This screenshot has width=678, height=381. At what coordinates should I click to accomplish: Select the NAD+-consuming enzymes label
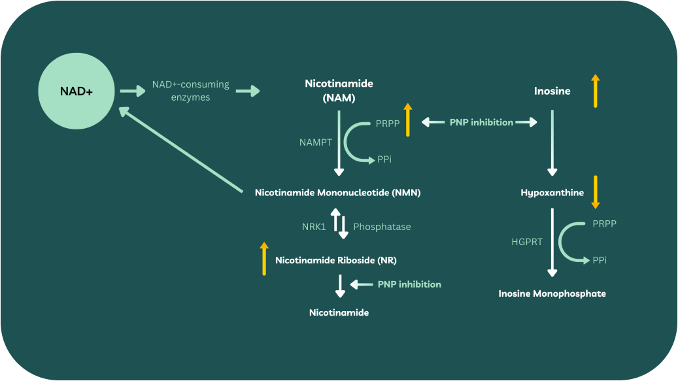[190, 91]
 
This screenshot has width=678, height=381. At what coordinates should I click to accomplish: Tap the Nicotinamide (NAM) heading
[339, 91]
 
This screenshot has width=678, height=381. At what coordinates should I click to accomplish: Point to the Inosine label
[552, 91]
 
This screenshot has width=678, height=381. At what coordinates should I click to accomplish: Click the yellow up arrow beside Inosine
[595, 91]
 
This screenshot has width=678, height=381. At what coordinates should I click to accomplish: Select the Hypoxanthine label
[552, 193]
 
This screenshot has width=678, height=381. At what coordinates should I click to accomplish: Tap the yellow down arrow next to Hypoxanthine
[595, 191]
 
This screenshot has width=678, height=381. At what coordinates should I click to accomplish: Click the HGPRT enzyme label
[527, 242]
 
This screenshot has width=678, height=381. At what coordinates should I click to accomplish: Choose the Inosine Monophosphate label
[552, 293]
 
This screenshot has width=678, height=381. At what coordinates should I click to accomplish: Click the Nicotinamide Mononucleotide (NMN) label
[337, 193]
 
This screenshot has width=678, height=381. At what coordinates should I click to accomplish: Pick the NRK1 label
[313, 227]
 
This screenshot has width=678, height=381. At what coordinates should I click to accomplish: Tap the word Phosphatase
[382, 227]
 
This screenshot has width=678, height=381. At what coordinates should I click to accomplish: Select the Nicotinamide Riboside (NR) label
[336, 260]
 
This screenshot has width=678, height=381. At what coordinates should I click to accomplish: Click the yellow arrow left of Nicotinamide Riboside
[264, 258]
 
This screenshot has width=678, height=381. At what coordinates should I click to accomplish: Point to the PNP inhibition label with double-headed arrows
[481, 122]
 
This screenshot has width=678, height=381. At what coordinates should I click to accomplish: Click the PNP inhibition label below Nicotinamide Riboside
[409, 284]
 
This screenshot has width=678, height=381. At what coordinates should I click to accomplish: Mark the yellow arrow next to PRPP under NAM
[407, 120]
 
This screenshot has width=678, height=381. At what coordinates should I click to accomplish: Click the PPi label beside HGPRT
[600, 260]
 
